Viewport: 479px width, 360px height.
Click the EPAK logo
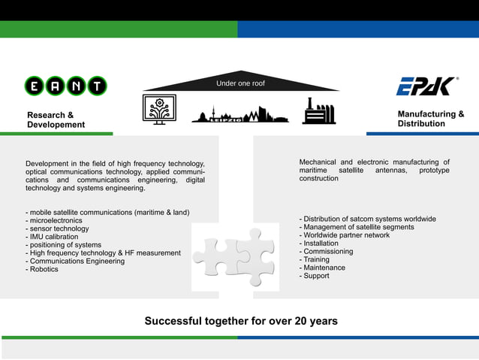(426, 86)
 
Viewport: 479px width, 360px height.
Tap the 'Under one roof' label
(240, 83)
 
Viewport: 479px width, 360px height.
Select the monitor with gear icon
(159, 110)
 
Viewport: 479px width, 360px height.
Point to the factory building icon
(318, 110)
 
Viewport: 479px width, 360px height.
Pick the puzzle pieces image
(234, 256)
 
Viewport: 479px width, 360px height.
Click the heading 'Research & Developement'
(56, 119)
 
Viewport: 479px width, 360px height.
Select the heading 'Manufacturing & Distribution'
(430, 119)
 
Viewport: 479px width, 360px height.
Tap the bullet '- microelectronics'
(54, 221)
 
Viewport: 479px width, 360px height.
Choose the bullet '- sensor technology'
(57, 228)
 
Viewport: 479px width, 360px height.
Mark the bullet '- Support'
(315, 276)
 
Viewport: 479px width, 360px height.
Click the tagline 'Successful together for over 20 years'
(240, 322)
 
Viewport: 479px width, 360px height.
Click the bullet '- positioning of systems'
(63, 245)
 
